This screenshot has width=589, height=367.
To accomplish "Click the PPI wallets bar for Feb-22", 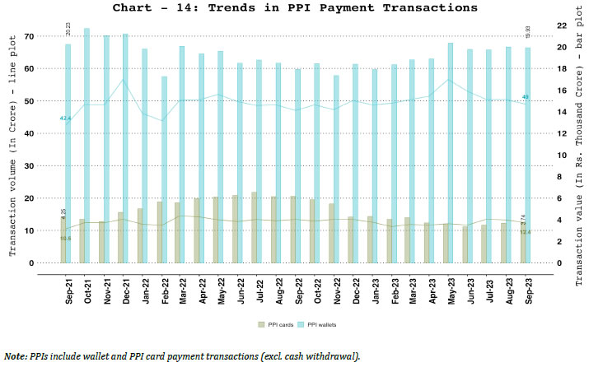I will coord(164,169).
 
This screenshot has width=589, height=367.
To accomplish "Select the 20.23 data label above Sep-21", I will coord(68,30).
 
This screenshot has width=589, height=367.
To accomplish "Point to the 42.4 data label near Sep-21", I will coord(65,118).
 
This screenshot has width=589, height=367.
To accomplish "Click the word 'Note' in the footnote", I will coord(13,356).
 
